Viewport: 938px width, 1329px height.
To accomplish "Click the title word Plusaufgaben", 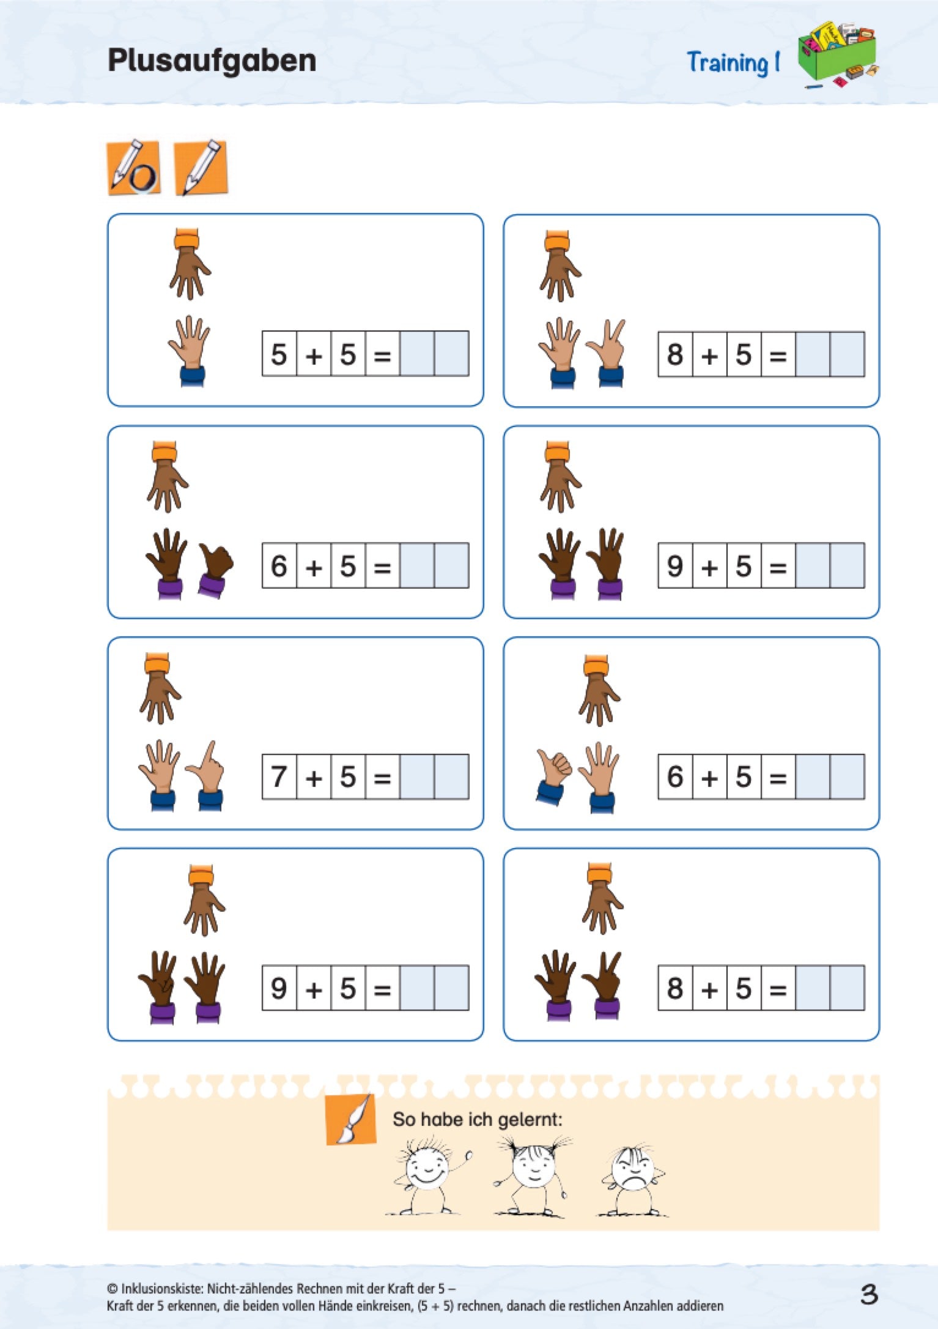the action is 212,61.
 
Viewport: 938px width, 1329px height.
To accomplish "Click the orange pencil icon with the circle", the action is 134,168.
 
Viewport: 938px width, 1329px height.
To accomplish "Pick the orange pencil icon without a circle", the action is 201,168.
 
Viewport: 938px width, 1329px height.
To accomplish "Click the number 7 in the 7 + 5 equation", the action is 279,777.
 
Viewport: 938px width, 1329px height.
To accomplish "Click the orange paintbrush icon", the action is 350,1119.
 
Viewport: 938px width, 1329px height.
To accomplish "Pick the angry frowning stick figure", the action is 633,1178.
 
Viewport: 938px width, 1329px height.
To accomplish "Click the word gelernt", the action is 530,1120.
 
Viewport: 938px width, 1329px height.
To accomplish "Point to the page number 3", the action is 869,1295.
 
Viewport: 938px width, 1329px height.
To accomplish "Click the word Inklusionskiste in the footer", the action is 160,1289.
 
